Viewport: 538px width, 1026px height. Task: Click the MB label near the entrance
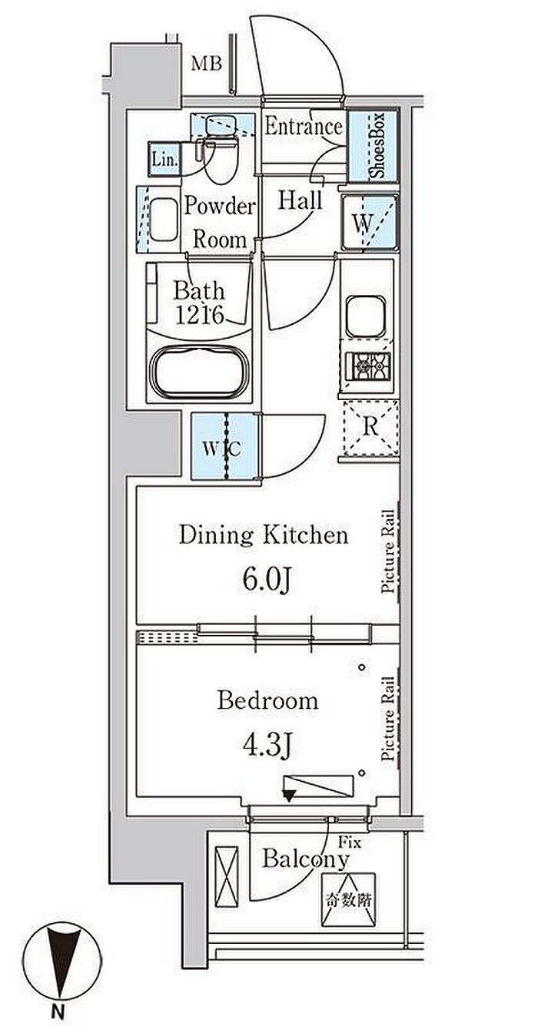tap(206, 63)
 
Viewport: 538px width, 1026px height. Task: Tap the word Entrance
tap(303, 127)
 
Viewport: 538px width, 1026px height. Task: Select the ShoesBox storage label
tap(378, 146)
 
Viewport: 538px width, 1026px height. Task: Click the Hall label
tap(301, 200)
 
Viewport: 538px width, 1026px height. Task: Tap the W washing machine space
tap(370, 223)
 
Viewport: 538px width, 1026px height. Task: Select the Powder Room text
tap(220, 223)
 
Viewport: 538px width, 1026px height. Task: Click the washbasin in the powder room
tap(163, 219)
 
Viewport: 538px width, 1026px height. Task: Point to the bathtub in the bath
tap(199, 371)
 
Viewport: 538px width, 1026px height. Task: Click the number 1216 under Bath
tap(199, 314)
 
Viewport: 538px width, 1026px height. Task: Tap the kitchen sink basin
tap(365, 316)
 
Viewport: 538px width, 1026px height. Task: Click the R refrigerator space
tap(370, 428)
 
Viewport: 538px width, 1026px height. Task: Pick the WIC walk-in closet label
tap(222, 448)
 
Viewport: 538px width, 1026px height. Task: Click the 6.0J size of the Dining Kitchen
tap(265, 581)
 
